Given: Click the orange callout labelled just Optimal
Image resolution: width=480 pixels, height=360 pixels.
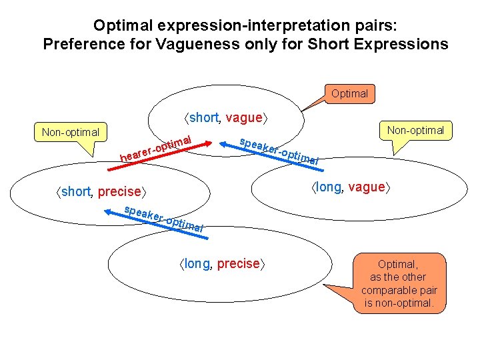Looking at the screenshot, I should pos(349,93).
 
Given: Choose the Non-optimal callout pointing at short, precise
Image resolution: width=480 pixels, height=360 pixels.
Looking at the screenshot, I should pos(70,132).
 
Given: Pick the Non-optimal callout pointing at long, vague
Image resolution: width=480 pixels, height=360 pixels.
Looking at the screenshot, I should pos(416,130).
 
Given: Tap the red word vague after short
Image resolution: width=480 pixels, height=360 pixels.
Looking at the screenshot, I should pos(244,118).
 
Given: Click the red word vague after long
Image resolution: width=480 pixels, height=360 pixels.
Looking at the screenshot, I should pos(367,187).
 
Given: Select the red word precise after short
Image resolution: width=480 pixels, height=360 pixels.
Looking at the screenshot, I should pos(119,192).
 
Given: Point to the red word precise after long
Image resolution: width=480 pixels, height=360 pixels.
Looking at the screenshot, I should pos(238,263).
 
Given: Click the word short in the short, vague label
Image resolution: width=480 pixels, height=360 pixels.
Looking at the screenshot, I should pos(204,118).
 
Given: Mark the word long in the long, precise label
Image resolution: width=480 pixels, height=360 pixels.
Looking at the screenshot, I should pos(197,263).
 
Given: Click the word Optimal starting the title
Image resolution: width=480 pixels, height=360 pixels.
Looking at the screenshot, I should pos(117,25).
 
